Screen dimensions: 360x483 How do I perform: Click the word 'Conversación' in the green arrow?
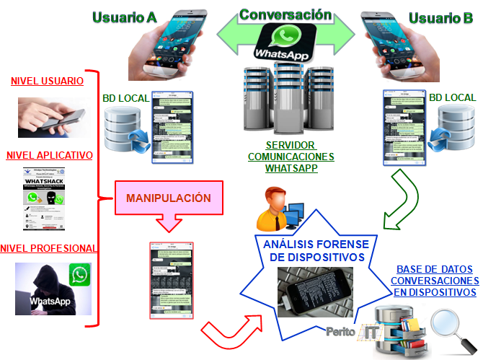click(285, 14)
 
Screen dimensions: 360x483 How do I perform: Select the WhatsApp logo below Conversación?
click(286, 42)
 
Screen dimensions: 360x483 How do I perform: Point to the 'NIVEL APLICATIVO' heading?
click(49, 155)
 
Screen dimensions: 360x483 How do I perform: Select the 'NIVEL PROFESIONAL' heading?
click(49, 248)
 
